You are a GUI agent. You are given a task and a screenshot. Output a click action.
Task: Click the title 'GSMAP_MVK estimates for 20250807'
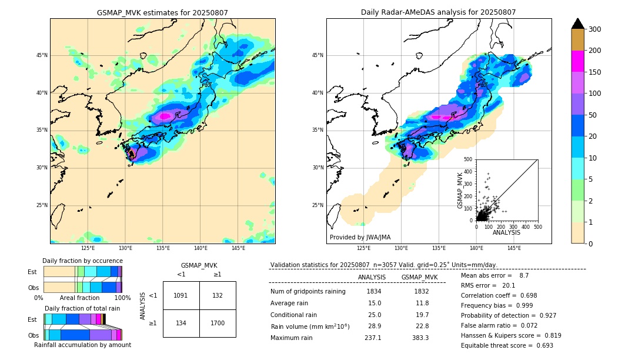click(x=162, y=12)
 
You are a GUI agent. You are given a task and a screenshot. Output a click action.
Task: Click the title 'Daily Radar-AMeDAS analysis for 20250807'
click(x=439, y=12)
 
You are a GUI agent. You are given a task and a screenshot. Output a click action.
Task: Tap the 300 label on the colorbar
click(x=594, y=29)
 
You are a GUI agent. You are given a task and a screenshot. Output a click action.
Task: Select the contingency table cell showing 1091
click(x=181, y=295)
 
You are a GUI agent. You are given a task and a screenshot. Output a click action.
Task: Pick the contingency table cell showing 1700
click(x=218, y=323)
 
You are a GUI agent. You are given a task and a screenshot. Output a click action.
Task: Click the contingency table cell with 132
click(x=218, y=295)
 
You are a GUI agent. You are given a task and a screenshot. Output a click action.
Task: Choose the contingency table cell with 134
click(x=181, y=323)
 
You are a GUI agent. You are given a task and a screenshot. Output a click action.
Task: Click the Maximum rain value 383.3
click(x=419, y=338)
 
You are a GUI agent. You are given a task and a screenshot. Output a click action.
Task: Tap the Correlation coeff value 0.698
click(x=540, y=295)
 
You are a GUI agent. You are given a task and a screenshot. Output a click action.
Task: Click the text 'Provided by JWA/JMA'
click(x=360, y=237)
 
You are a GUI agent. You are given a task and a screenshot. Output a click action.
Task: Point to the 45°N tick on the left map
click(x=42, y=55)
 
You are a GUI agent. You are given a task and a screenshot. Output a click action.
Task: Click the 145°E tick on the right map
click(x=514, y=248)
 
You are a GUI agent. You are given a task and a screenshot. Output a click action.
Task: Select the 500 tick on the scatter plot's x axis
click(x=537, y=226)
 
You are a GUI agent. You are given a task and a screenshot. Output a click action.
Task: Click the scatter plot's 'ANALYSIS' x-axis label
click(x=506, y=232)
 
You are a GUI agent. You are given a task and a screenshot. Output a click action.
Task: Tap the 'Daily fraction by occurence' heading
click(x=82, y=261)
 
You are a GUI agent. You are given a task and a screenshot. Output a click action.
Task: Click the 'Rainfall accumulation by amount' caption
click(x=82, y=345)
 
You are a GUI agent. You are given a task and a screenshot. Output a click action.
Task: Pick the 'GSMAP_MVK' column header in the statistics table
click(x=419, y=277)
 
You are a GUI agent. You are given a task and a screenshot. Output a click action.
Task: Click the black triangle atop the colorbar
click(x=578, y=24)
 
